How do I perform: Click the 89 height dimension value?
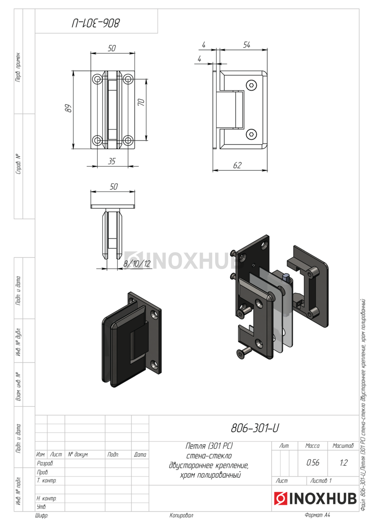[68, 108]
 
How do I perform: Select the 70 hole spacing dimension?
[141, 102]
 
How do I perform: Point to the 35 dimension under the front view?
[112, 161]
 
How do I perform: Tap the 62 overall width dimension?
[237, 165]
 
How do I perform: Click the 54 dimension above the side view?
[246, 45]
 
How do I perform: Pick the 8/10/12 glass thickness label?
[137, 263]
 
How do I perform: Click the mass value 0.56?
[313, 463]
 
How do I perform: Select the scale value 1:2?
[343, 463]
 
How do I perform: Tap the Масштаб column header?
[343, 446]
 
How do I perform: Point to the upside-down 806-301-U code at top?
[95, 23]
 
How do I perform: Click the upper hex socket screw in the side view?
[252, 85]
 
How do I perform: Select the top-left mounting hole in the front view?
[97, 79]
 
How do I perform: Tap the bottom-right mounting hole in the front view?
[128, 140]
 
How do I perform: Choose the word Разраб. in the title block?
[45, 463]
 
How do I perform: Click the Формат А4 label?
[317, 515]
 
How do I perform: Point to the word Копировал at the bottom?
[181, 515]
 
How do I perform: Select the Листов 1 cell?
[321, 481]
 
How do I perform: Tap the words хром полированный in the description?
[210, 475]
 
